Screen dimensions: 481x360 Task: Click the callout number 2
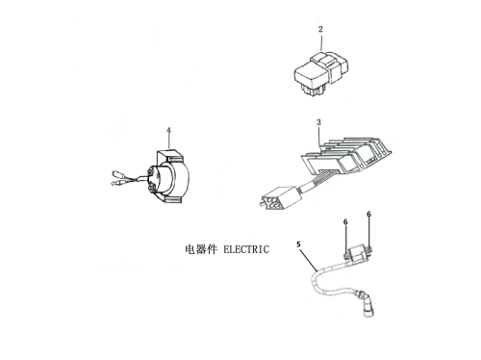pos(320,29)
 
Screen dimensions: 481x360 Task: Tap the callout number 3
pos(318,122)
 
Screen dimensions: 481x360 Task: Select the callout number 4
pos(168,131)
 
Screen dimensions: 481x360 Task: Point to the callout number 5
pos(298,244)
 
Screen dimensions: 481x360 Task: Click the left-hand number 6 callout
pos(345,222)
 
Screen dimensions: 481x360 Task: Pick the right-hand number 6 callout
pos(368,214)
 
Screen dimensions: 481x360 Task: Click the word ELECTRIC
pos(246,249)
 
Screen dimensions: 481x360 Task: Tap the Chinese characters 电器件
pos(201,249)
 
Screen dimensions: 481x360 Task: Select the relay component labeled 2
pos(320,73)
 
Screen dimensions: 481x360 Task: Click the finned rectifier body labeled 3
pos(346,156)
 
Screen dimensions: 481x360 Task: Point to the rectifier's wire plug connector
pos(280,197)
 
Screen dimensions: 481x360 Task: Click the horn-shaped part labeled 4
pos(168,177)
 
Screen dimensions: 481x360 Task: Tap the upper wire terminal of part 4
pos(118,174)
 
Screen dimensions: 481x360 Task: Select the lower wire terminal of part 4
pos(115,184)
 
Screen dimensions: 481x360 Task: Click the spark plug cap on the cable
pos(367,303)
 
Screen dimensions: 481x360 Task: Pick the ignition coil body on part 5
pos(358,253)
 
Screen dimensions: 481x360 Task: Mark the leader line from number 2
pos(321,42)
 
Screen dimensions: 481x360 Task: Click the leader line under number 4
pos(169,142)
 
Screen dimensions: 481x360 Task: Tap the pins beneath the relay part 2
pos(311,90)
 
